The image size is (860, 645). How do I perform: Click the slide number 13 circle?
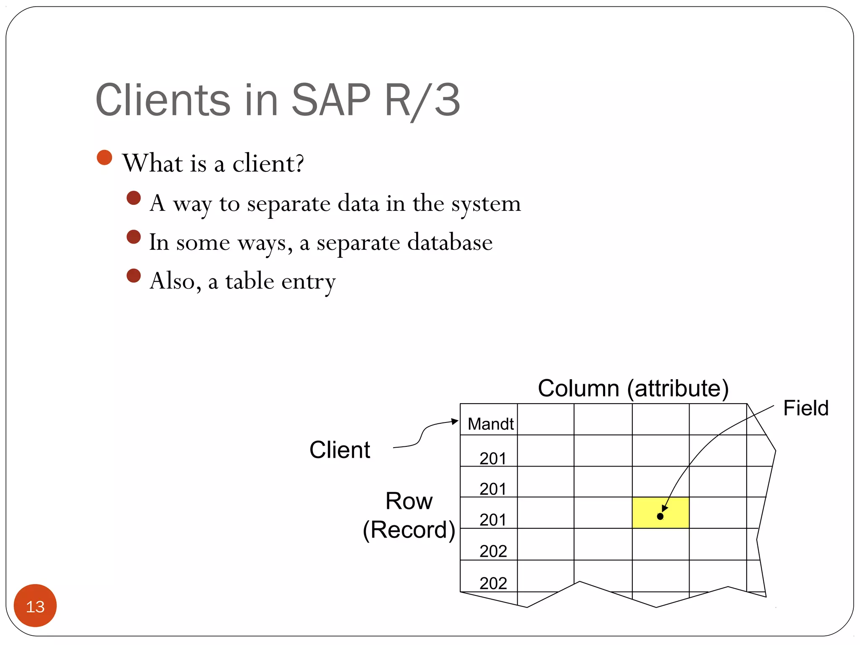click(x=35, y=606)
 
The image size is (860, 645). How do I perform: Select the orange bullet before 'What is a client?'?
click(x=104, y=157)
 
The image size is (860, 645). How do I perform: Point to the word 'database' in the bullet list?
click(x=450, y=243)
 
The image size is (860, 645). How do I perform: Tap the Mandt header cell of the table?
click(x=490, y=424)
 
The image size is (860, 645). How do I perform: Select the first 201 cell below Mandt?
click(x=493, y=458)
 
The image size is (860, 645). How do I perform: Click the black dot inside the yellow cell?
click(x=660, y=517)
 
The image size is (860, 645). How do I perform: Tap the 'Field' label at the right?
click(x=805, y=408)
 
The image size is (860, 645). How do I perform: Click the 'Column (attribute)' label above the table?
click(x=633, y=388)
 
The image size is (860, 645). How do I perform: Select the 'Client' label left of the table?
click(x=339, y=450)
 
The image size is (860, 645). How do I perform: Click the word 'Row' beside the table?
click(x=409, y=501)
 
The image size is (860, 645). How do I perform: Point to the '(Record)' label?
click(x=409, y=530)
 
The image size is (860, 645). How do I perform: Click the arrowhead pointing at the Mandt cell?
click(x=455, y=421)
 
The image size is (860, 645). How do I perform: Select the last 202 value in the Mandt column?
click(x=493, y=583)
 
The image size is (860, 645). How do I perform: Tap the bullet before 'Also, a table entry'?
click(x=134, y=276)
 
